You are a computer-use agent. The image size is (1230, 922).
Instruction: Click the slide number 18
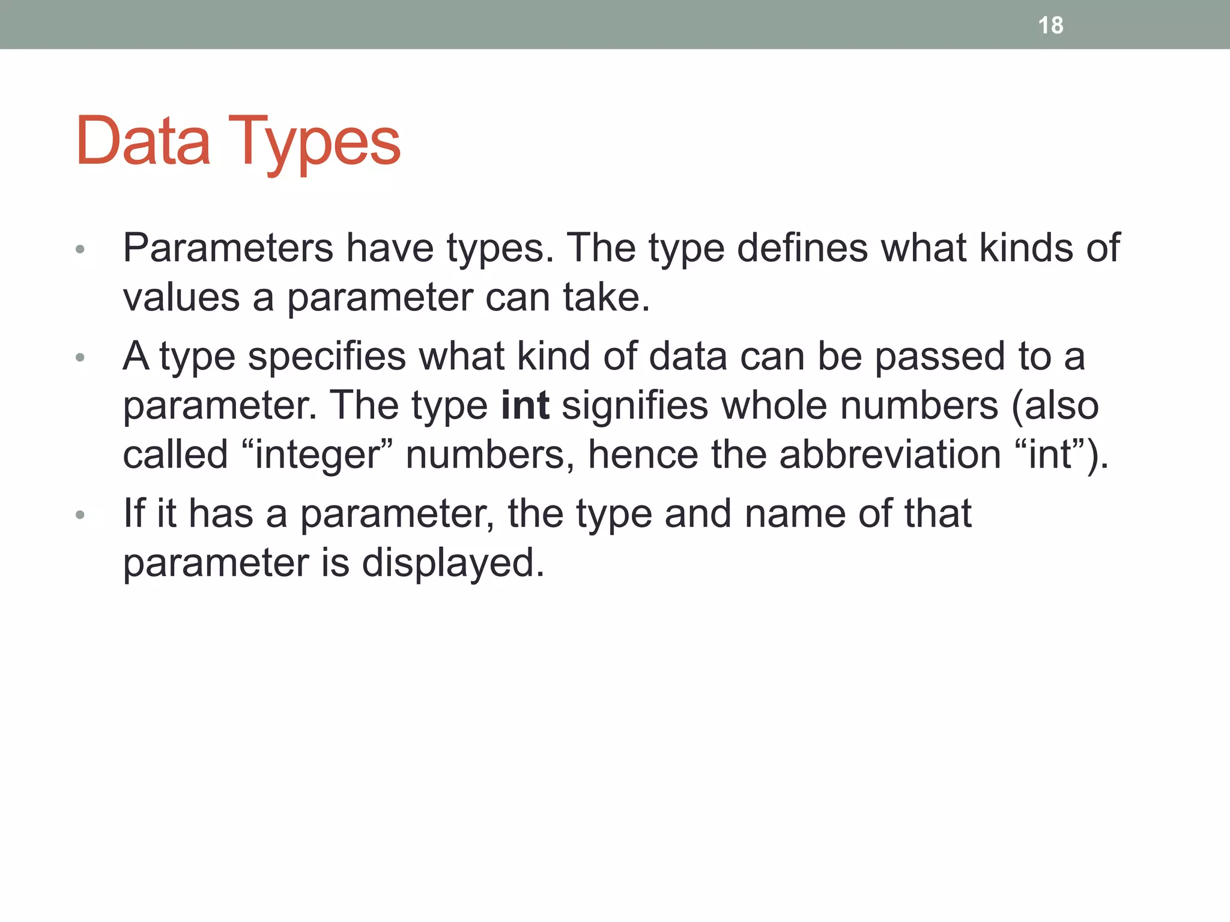pos(1050,25)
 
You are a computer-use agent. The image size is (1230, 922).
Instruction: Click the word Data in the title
pos(143,141)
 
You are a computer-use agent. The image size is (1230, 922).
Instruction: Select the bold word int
pos(525,405)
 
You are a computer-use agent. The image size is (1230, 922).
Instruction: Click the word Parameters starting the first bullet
pos(228,248)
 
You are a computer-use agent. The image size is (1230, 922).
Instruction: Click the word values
pos(181,298)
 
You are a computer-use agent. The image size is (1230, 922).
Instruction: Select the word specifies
pos(327,357)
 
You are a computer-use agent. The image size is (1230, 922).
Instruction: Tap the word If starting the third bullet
pos(134,514)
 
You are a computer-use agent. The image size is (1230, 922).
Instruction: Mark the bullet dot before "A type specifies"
pos(80,358)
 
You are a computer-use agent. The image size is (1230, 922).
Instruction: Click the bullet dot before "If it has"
pos(80,515)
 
